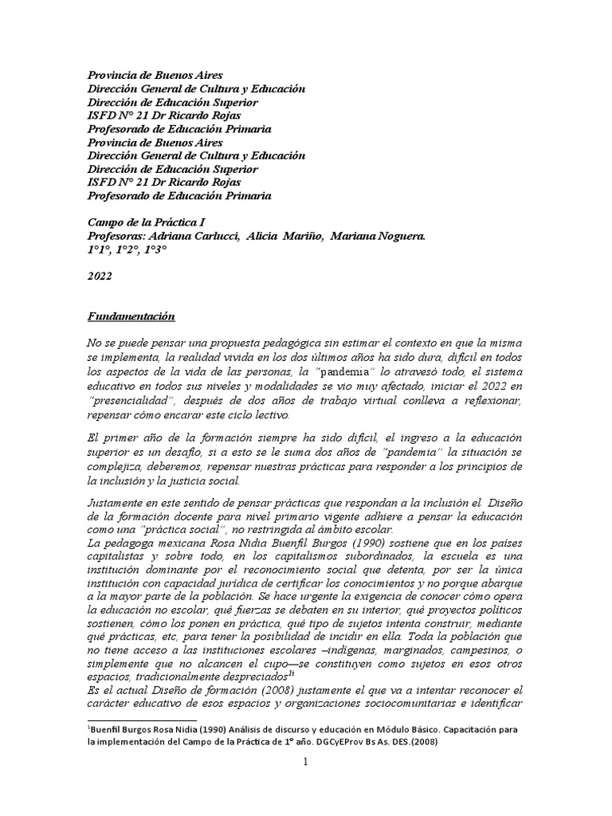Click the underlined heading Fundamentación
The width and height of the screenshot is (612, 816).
130,316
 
